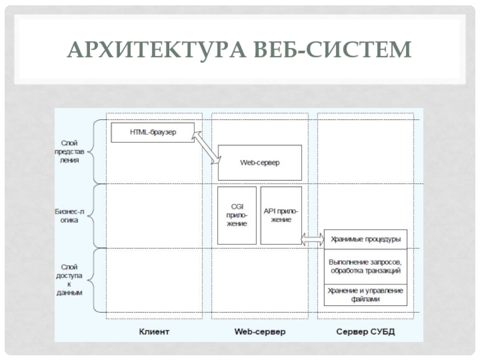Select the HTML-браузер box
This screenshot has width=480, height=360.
(x=153, y=132)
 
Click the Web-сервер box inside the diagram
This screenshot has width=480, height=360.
(x=259, y=163)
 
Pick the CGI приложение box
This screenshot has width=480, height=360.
(x=236, y=215)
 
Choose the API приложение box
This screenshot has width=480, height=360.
(x=280, y=215)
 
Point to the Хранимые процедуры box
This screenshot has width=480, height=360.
(x=365, y=239)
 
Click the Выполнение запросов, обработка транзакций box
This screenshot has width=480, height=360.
(x=365, y=266)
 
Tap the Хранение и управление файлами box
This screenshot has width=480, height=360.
(x=365, y=294)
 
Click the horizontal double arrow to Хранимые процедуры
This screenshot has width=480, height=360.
(x=311, y=239)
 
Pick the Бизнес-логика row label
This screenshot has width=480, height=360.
(x=70, y=215)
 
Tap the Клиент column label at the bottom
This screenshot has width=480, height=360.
(x=154, y=332)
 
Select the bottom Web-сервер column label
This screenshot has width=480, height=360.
(x=259, y=332)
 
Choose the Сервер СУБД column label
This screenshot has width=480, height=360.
(x=365, y=332)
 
